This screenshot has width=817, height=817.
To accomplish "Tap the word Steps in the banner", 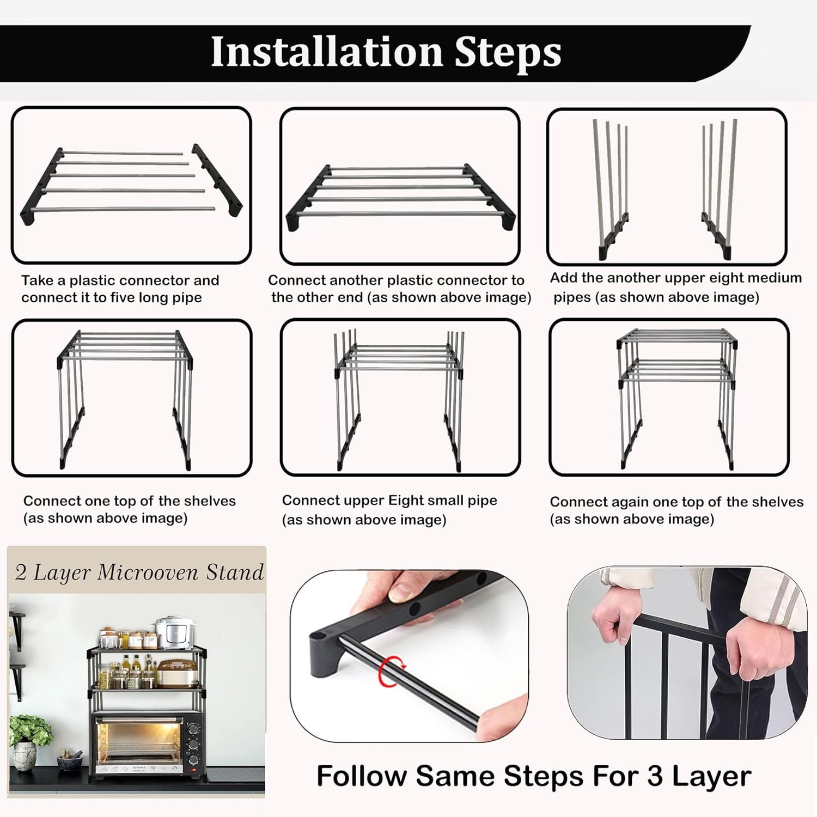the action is pos(508,53).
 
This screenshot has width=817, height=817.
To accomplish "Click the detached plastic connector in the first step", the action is pos(217,180).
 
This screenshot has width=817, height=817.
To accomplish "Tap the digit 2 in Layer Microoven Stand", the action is pos(21,572).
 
